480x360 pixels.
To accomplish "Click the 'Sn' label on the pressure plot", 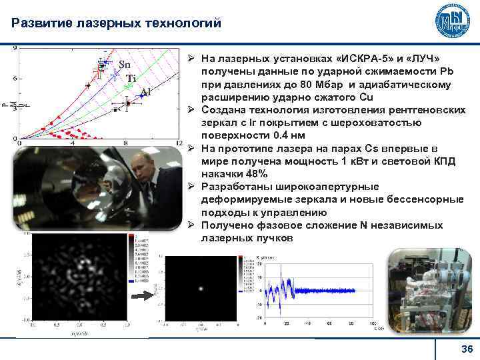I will point(125,65).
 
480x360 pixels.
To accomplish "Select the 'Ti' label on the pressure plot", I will point(131,79).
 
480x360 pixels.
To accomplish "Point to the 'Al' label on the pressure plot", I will point(145,92).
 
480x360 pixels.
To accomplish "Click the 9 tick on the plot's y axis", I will point(15,49).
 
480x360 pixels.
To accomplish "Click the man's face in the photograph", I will point(142,167).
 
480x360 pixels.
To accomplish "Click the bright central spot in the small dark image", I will point(201,289).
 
